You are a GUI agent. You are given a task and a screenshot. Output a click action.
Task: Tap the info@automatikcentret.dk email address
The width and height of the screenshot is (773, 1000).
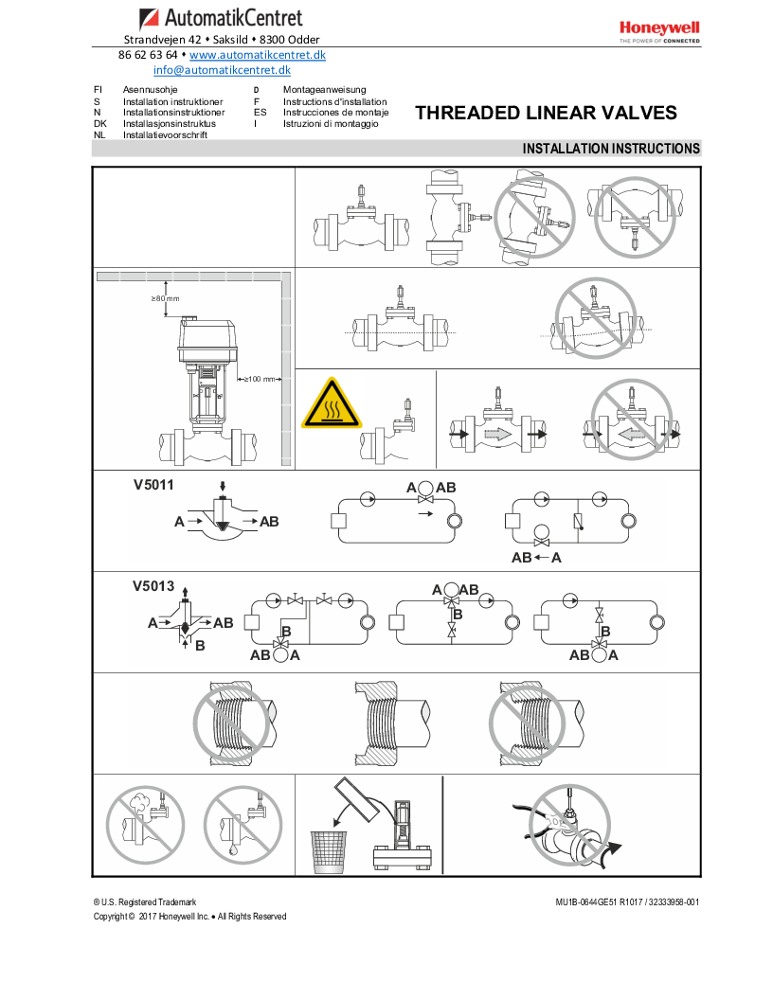click(222, 70)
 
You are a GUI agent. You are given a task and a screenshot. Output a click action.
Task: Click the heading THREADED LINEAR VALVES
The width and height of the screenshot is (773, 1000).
click(546, 114)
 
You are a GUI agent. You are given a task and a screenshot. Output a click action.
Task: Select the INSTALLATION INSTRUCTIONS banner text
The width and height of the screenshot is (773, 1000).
click(611, 149)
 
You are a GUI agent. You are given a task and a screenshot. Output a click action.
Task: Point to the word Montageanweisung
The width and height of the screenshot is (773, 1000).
click(324, 90)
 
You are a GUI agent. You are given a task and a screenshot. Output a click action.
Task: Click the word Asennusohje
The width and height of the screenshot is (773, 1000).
click(150, 90)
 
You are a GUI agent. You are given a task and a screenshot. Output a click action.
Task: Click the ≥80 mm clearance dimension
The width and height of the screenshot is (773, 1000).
click(165, 298)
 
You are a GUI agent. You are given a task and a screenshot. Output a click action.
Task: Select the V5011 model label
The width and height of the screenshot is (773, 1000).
click(153, 484)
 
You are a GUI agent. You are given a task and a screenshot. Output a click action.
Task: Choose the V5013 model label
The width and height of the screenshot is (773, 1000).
click(153, 586)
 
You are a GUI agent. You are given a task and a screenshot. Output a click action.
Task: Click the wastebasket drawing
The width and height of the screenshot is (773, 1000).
click(329, 851)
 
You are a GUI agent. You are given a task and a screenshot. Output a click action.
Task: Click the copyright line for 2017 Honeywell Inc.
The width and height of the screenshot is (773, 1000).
click(189, 916)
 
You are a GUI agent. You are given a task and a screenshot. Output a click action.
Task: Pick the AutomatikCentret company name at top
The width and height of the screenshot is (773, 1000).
click(233, 18)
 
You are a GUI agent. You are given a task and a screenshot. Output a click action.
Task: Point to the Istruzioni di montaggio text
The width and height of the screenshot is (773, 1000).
click(331, 124)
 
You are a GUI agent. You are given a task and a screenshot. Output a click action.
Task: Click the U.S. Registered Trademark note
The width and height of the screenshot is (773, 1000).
click(145, 902)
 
